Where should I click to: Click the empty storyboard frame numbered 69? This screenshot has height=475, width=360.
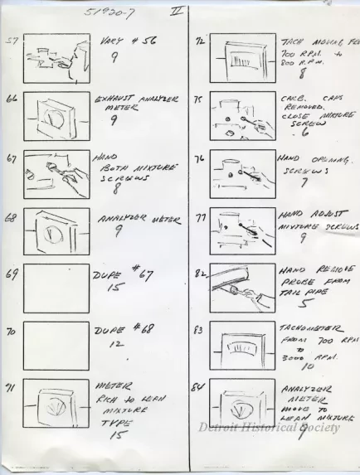pyautogui.click(x=56, y=287)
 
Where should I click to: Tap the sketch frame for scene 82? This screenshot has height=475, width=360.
pyautogui.click(x=242, y=287)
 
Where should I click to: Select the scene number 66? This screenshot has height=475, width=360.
pyautogui.click(x=12, y=98)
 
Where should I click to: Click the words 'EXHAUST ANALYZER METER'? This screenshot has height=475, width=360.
pyautogui.click(x=133, y=103)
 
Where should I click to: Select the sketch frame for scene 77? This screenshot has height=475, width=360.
pyautogui.click(x=242, y=230)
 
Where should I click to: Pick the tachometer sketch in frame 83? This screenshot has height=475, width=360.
pyautogui.click(x=242, y=345)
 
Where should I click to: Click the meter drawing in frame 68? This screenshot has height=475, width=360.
pyautogui.click(x=56, y=230)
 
